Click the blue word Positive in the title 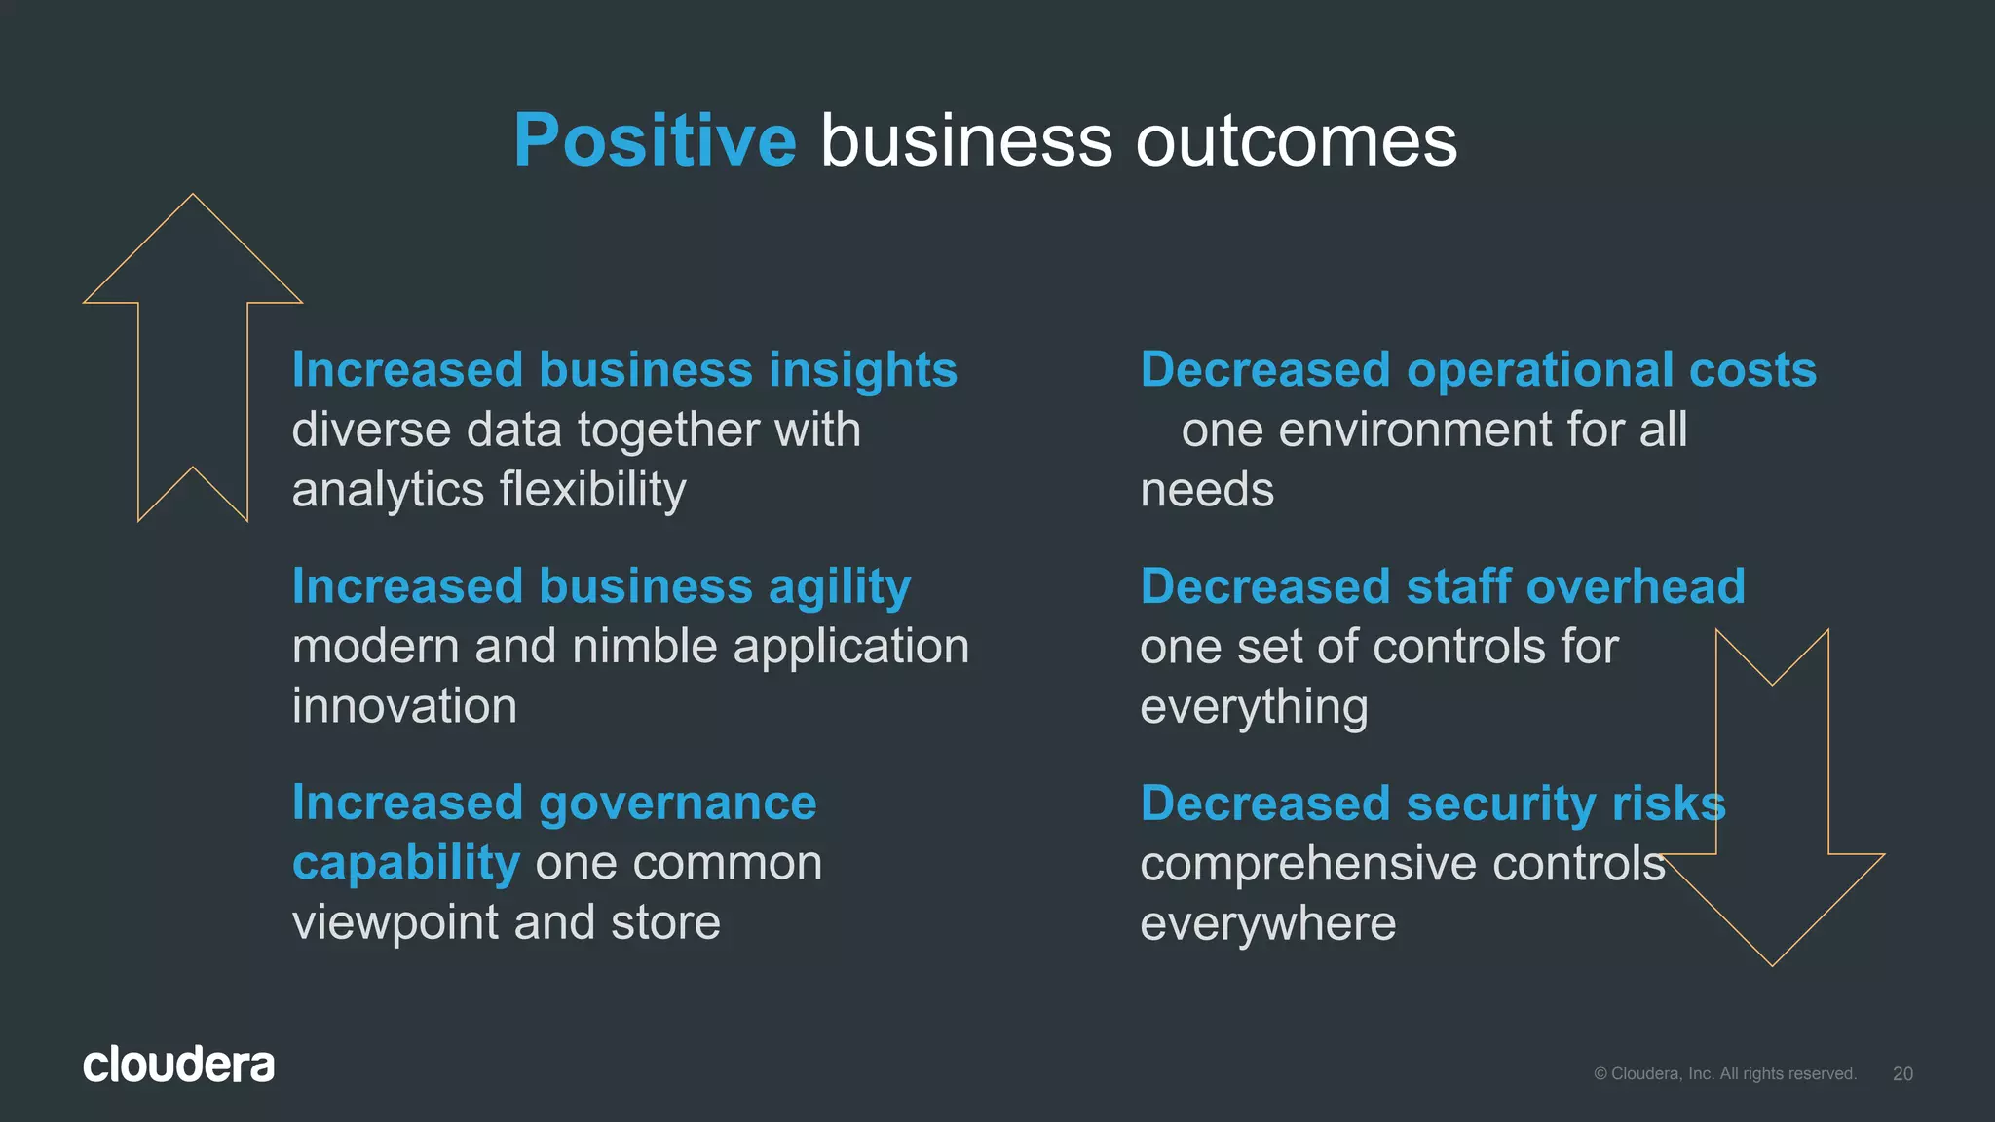point(655,141)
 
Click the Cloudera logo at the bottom point(178,1065)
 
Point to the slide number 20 point(1902,1073)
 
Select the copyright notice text point(1724,1073)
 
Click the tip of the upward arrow point(193,197)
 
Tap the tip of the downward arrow point(1772,963)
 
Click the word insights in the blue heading point(862,370)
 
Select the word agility point(839,587)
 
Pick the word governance point(677,804)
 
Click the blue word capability point(405,864)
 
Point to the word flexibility point(592,490)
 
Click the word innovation point(404,706)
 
